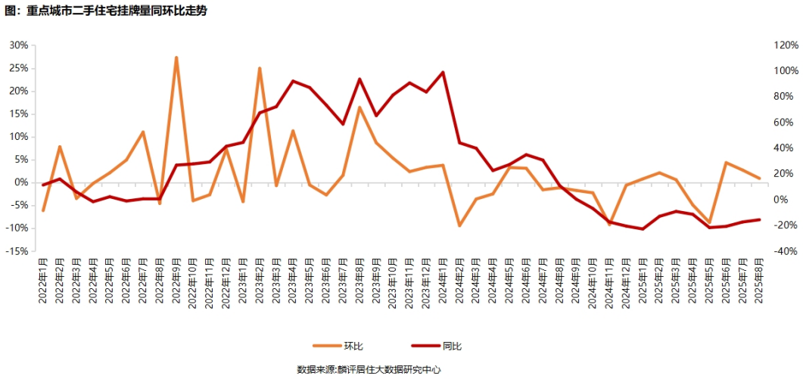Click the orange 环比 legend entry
(344, 346)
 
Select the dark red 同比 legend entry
(440, 346)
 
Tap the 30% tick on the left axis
(18, 45)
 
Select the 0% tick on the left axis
(21, 182)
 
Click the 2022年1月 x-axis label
(43, 280)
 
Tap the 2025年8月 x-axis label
(758, 280)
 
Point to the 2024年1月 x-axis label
(443, 280)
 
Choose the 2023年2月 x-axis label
(260, 280)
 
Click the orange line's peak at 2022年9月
(176, 57)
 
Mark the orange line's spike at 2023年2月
(260, 68)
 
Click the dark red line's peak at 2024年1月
(443, 73)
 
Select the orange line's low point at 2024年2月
(459, 225)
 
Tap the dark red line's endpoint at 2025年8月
(758, 219)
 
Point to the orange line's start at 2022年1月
(43, 210)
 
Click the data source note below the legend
(369, 370)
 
